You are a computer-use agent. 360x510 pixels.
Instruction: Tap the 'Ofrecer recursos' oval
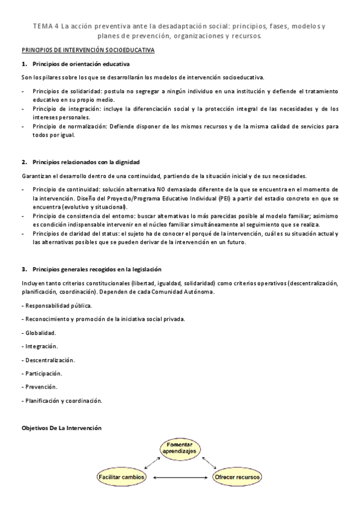[x=238, y=478]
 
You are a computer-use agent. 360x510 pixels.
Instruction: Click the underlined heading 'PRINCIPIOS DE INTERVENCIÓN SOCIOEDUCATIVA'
[x=88, y=52]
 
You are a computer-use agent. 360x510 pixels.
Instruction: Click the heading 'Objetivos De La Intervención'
[x=61, y=428]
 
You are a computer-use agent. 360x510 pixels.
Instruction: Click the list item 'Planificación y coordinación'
[x=62, y=401]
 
